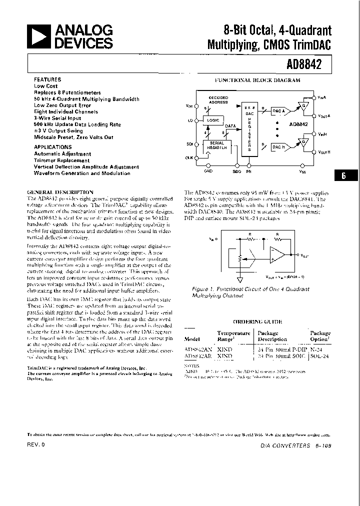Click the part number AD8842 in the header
[x=305, y=64]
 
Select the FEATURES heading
[x=47, y=79]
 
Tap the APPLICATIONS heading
[x=52, y=147]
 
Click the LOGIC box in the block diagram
[x=213, y=121]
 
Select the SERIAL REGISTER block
[x=216, y=145]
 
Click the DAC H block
[x=279, y=147]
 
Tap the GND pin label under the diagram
[x=208, y=171]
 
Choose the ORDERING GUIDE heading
[x=257, y=322]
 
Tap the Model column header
[x=193, y=339]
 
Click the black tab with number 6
[x=343, y=175]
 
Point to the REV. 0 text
[x=36, y=444]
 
